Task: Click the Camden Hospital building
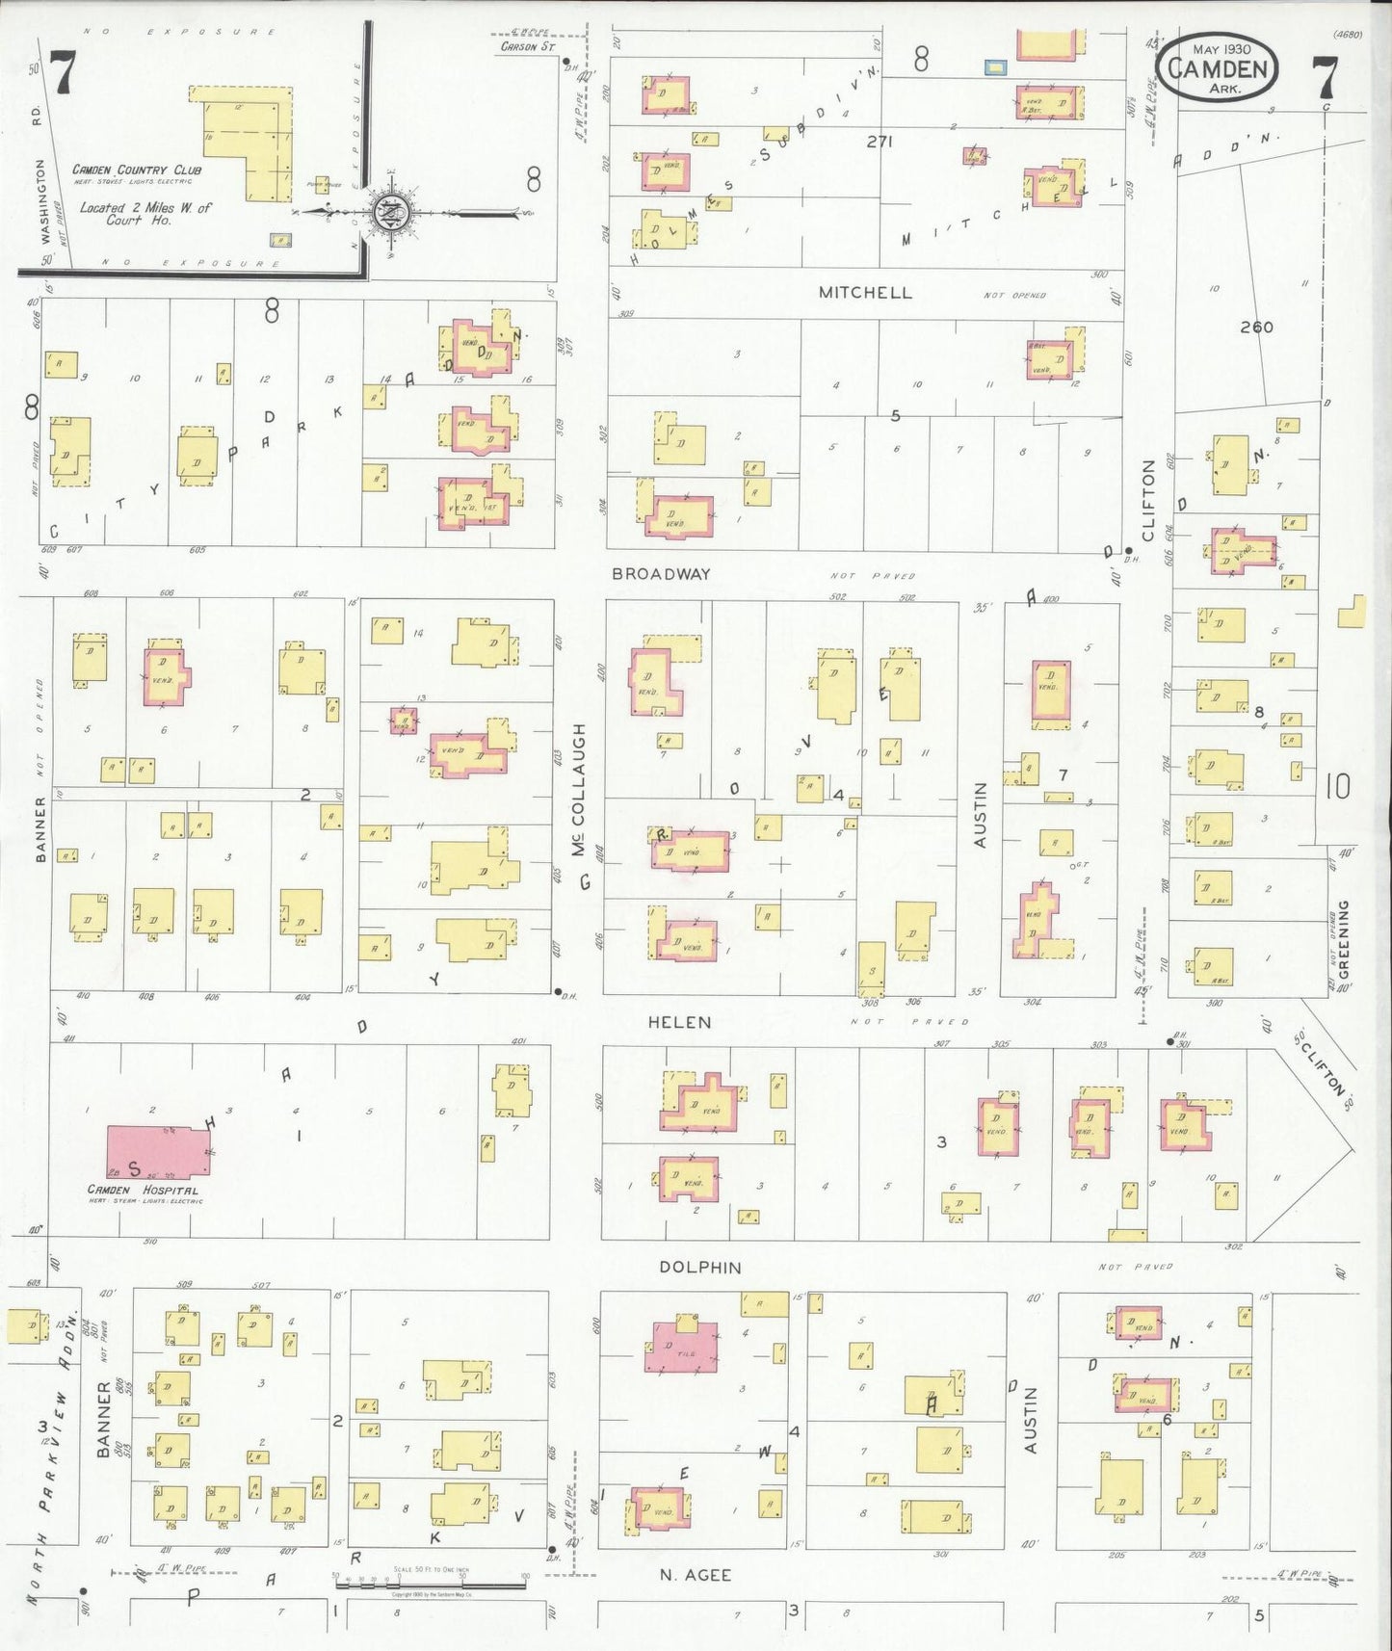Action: pyautogui.click(x=158, y=1151)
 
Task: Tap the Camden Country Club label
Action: pyautogui.click(x=137, y=170)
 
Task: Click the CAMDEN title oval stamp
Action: pyautogui.click(x=1218, y=69)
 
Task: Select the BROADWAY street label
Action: pyautogui.click(x=662, y=574)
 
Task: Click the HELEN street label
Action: pyautogui.click(x=679, y=1022)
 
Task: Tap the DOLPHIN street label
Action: pyautogui.click(x=700, y=1268)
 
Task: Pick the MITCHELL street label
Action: pyautogui.click(x=865, y=293)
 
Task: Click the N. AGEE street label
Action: pyautogui.click(x=695, y=1575)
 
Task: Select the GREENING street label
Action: pyautogui.click(x=1343, y=938)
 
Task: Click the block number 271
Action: pyautogui.click(x=880, y=142)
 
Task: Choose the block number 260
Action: pyautogui.click(x=1256, y=328)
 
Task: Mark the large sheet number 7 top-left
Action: pyautogui.click(x=62, y=73)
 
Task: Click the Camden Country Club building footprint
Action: pyautogui.click(x=246, y=144)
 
